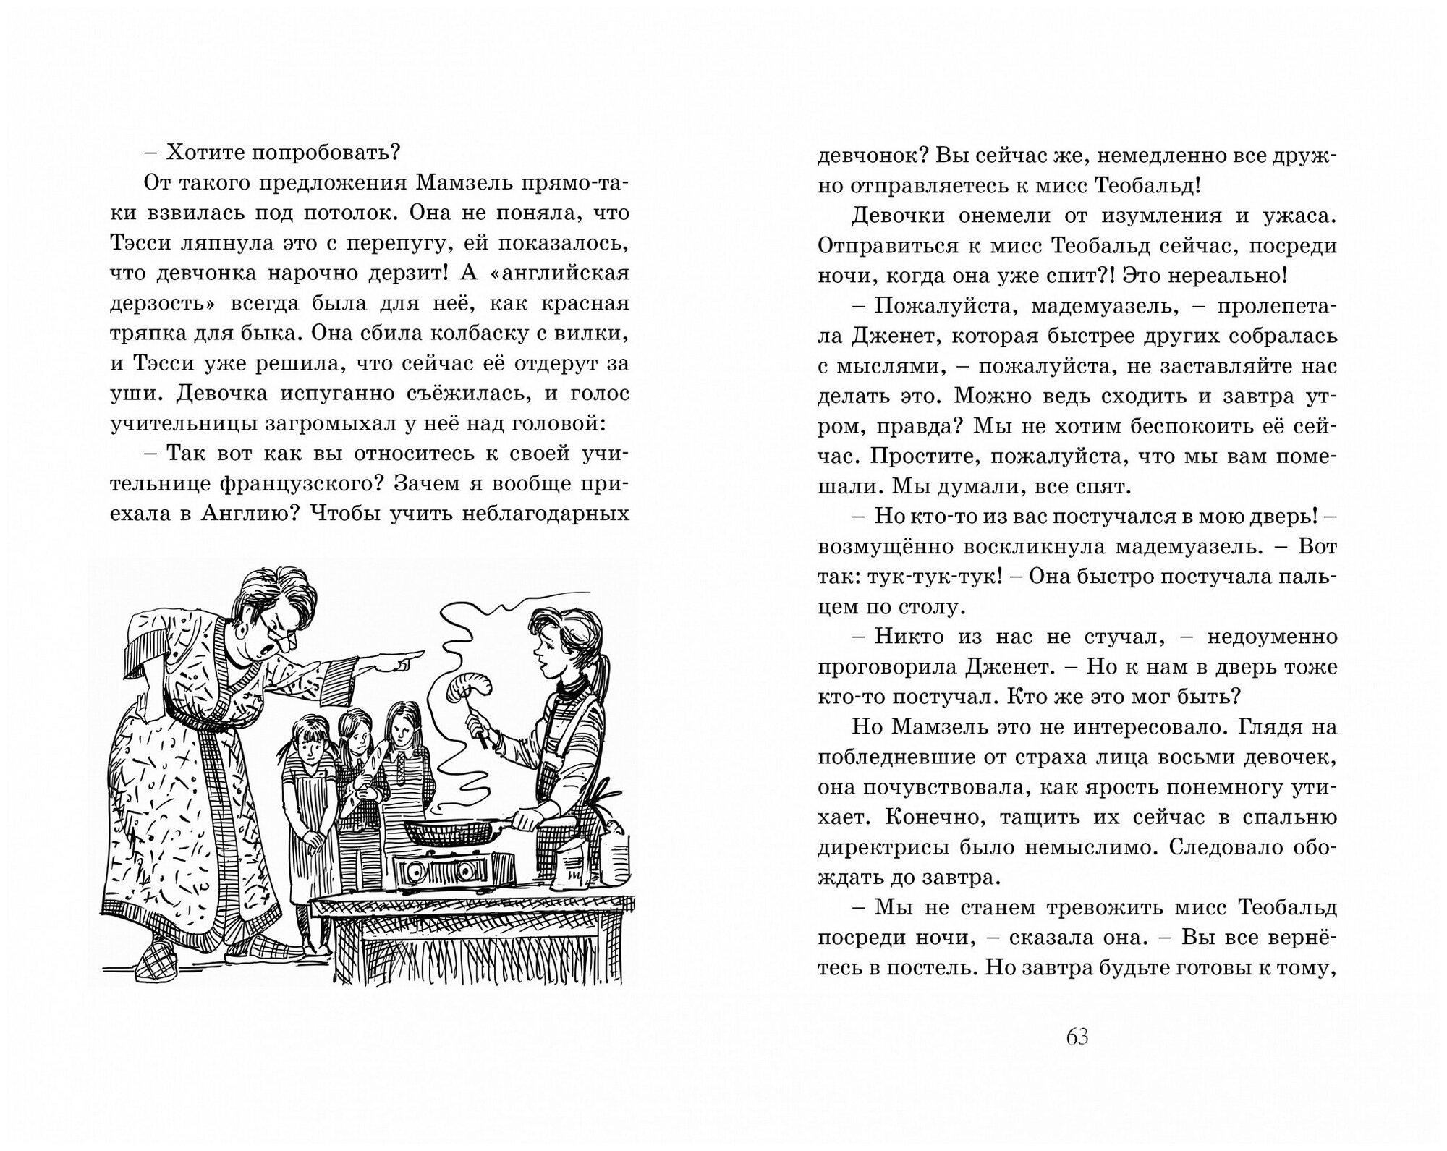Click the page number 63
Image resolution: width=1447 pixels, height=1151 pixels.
1077,1037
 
